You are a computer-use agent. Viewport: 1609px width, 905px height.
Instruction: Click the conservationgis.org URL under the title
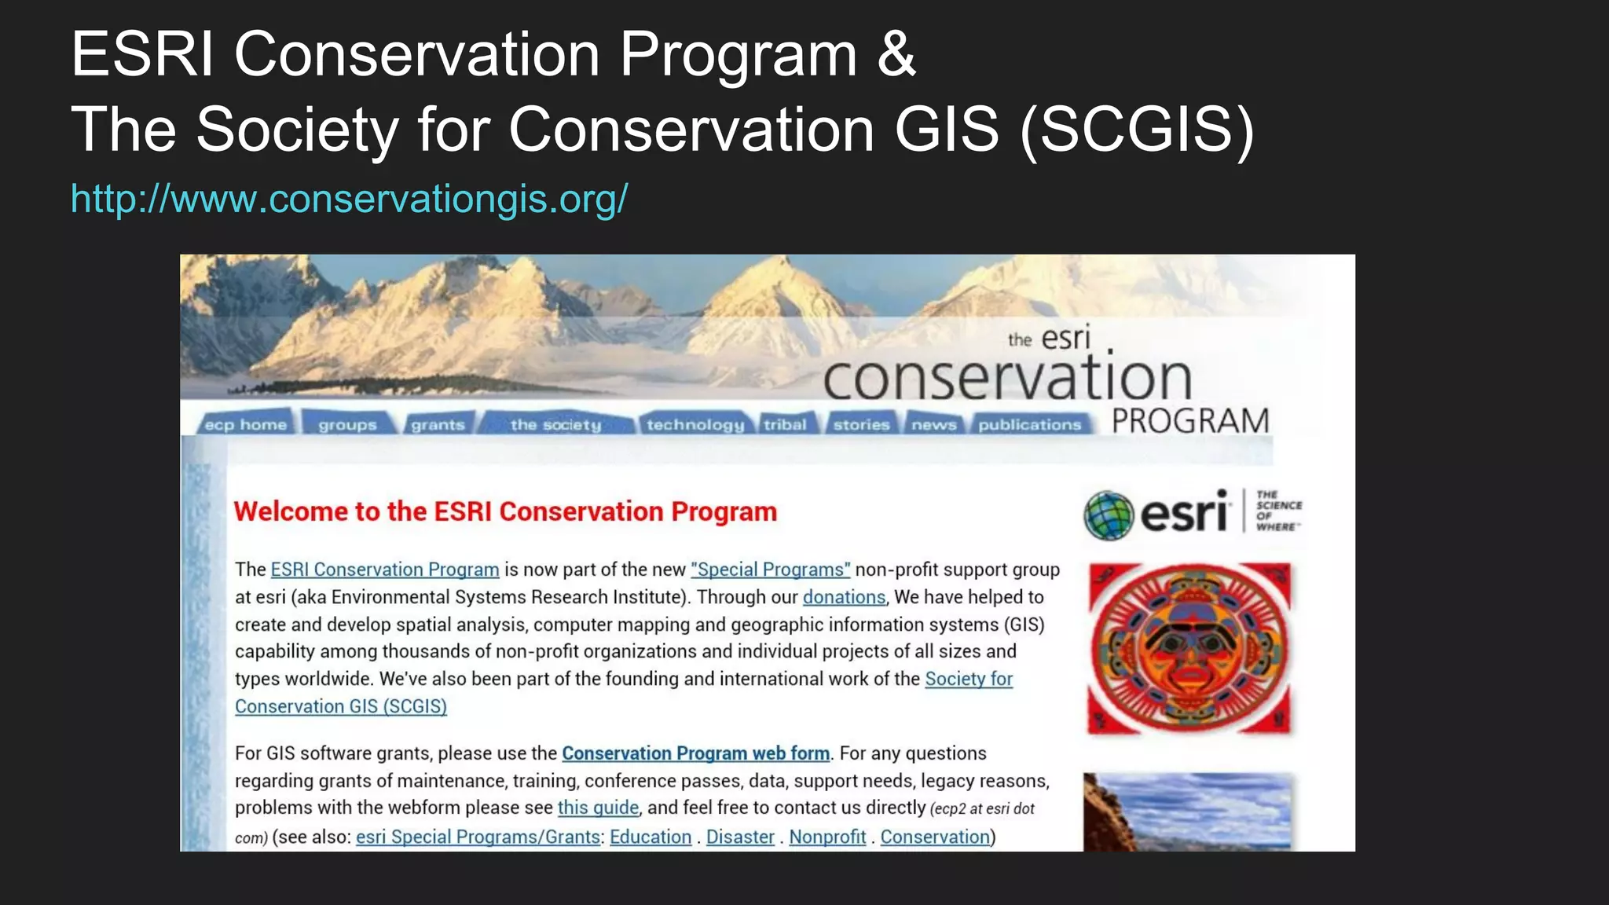click(349, 199)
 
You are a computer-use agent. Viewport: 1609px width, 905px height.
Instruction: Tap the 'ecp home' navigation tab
click(245, 425)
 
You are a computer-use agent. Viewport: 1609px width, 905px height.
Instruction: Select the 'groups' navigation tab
click(347, 425)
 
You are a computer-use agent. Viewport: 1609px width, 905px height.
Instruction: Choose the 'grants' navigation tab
click(438, 425)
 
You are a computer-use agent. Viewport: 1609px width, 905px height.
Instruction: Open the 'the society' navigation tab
click(555, 425)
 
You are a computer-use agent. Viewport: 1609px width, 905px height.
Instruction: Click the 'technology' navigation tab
click(695, 425)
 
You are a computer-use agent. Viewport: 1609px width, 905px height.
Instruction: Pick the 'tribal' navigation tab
click(785, 425)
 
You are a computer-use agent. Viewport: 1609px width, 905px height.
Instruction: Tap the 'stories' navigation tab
click(861, 425)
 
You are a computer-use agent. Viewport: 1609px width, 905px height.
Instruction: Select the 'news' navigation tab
click(933, 425)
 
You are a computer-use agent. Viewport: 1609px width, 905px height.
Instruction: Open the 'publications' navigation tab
click(1029, 425)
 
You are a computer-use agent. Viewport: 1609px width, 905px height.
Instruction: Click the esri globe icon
click(1108, 515)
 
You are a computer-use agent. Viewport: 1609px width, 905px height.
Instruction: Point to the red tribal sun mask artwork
click(1189, 649)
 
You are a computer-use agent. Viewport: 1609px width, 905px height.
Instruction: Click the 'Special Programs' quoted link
click(770, 570)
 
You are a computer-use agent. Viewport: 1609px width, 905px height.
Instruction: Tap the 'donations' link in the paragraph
click(844, 597)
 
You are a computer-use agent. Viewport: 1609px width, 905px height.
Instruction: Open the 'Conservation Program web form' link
click(695, 753)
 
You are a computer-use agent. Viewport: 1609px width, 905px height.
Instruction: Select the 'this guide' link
click(598, 808)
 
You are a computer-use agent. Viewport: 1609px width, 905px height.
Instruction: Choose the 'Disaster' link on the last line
click(740, 837)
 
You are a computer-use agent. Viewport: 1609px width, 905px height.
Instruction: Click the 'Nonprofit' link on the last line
click(827, 837)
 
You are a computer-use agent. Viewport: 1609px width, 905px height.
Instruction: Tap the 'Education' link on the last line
click(651, 837)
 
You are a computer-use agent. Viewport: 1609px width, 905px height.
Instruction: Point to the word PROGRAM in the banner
click(1190, 421)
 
